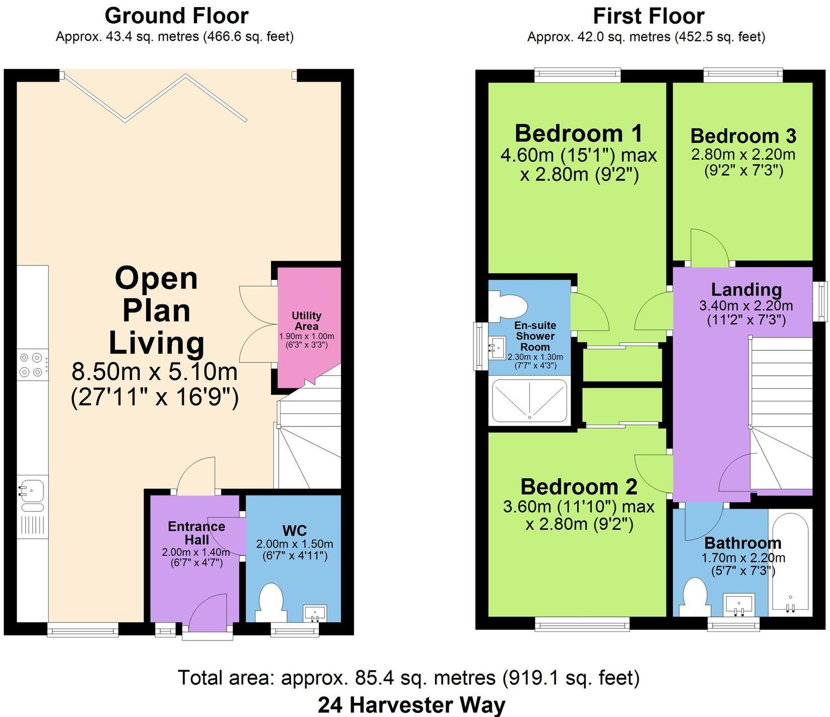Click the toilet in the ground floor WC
click(271, 602)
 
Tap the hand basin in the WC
click(315, 613)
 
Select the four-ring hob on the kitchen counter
click(30, 365)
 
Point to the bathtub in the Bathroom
click(790, 561)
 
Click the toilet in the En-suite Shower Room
click(508, 306)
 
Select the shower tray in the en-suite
click(529, 400)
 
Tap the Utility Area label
click(306, 321)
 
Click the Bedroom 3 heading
click(743, 136)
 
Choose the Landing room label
click(746, 290)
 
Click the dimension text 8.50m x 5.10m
click(155, 373)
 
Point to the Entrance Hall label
click(196, 533)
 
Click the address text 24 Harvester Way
click(411, 705)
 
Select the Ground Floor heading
click(176, 16)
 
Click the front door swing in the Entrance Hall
click(211, 612)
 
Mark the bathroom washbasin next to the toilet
click(739, 604)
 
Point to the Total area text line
click(409, 678)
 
